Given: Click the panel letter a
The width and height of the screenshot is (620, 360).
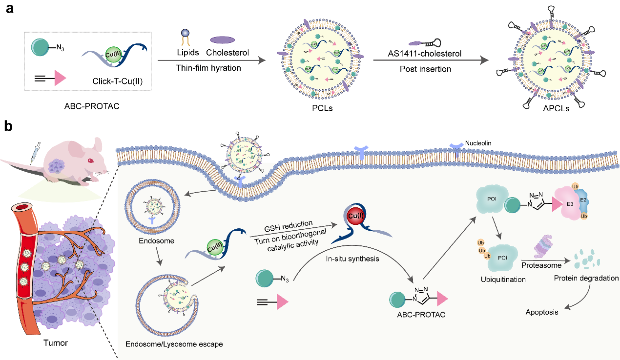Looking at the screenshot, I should point(9,9).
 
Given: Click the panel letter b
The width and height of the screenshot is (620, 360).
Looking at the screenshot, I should point(9,126).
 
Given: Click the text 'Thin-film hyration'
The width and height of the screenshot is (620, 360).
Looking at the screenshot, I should point(209,68).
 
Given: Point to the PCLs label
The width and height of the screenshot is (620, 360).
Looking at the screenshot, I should point(323,108).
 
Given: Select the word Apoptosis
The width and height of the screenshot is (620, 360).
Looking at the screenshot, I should point(542,312).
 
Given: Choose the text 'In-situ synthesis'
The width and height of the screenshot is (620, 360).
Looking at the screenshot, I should point(352,259).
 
